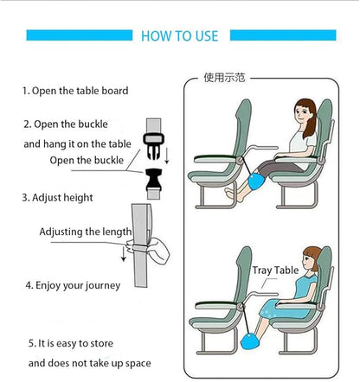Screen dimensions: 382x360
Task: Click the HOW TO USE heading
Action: click(x=179, y=35)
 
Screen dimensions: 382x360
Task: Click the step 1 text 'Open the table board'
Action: click(x=75, y=91)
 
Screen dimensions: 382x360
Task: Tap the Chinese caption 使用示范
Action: click(x=224, y=77)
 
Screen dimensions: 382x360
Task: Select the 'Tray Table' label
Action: click(x=275, y=271)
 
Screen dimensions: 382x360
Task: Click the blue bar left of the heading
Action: click(x=78, y=35)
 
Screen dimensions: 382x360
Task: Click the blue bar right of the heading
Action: click(x=280, y=35)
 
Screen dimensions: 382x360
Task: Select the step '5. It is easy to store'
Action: click(x=75, y=341)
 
